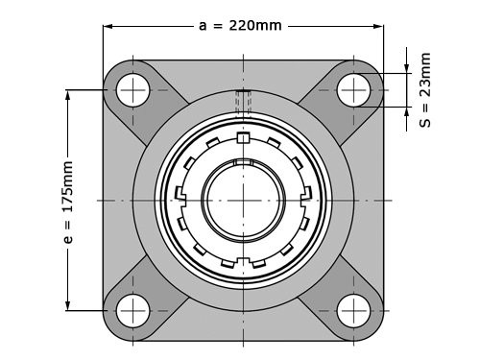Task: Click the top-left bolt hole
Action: pyautogui.click(x=132, y=90)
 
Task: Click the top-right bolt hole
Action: pyautogui.click(x=353, y=90)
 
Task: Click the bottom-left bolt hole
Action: pyautogui.click(x=132, y=311)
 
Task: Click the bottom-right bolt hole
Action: pyautogui.click(x=353, y=311)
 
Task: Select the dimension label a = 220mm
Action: pyautogui.click(x=240, y=26)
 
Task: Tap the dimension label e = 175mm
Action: pyautogui.click(x=68, y=203)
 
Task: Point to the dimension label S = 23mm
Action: pyautogui.click(x=425, y=90)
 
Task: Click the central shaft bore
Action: pyautogui.click(x=243, y=201)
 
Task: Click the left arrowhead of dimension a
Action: pyautogui.click(x=108, y=26)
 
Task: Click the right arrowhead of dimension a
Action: pyautogui.click(x=378, y=26)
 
